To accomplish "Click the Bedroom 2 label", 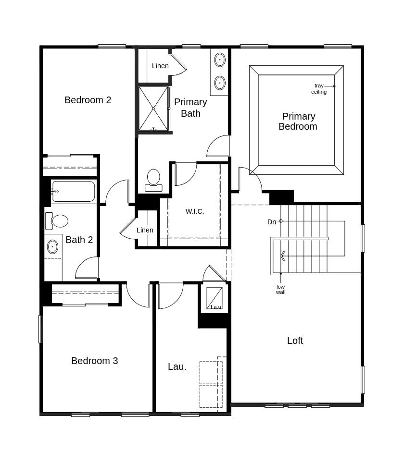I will [x=88, y=100].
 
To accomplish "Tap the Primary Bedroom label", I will [x=298, y=122].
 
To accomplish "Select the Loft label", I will [x=295, y=341].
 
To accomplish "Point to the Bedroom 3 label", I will [x=94, y=361].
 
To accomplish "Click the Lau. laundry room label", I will [x=177, y=366].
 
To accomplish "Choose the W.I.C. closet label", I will [x=195, y=211].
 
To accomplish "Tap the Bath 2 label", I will [x=79, y=240].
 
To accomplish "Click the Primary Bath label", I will [x=190, y=108].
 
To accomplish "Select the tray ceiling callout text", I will [x=319, y=89].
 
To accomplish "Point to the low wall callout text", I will [x=280, y=290].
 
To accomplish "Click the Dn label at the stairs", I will [x=272, y=222].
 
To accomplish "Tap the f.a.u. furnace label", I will [x=216, y=307].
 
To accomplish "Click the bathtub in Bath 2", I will [x=73, y=191].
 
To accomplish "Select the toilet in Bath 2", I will [x=57, y=221].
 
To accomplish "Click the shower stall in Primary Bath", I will [x=153, y=109].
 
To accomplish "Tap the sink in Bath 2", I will [x=52, y=247].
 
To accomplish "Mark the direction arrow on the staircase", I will [x=283, y=256].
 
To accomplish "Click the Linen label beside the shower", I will [x=160, y=66].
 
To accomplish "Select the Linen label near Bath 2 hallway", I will [x=145, y=230].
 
